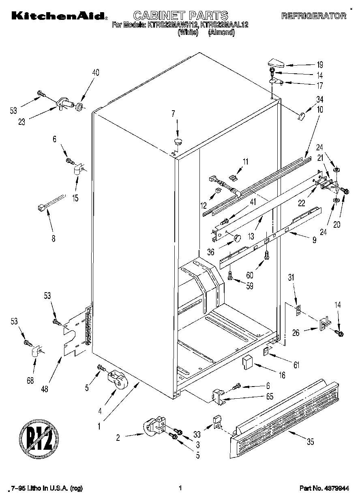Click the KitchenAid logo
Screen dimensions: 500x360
(59, 16)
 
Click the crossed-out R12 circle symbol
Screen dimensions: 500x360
(36, 438)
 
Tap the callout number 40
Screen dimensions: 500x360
(96, 73)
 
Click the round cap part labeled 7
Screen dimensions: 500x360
(178, 141)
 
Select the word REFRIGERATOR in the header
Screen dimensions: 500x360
(314, 16)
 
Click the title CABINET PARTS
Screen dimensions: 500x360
(180, 16)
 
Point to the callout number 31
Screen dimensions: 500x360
(291, 278)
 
